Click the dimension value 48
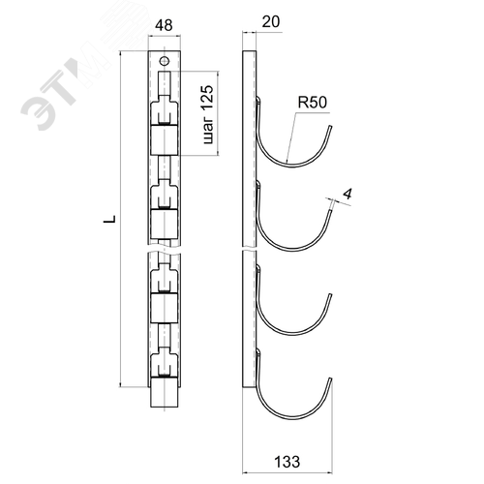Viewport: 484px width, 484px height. pos(164,25)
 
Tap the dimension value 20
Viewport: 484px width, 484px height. pos(271,22)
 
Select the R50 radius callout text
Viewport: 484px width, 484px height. pos(312,103)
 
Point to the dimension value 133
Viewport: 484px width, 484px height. pos(287,462)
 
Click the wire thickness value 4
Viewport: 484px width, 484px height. pos(348,195)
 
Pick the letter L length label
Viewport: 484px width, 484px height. pos(109,219)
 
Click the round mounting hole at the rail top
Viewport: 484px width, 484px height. pos(165,60)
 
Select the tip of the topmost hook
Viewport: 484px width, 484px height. pos(330,127)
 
